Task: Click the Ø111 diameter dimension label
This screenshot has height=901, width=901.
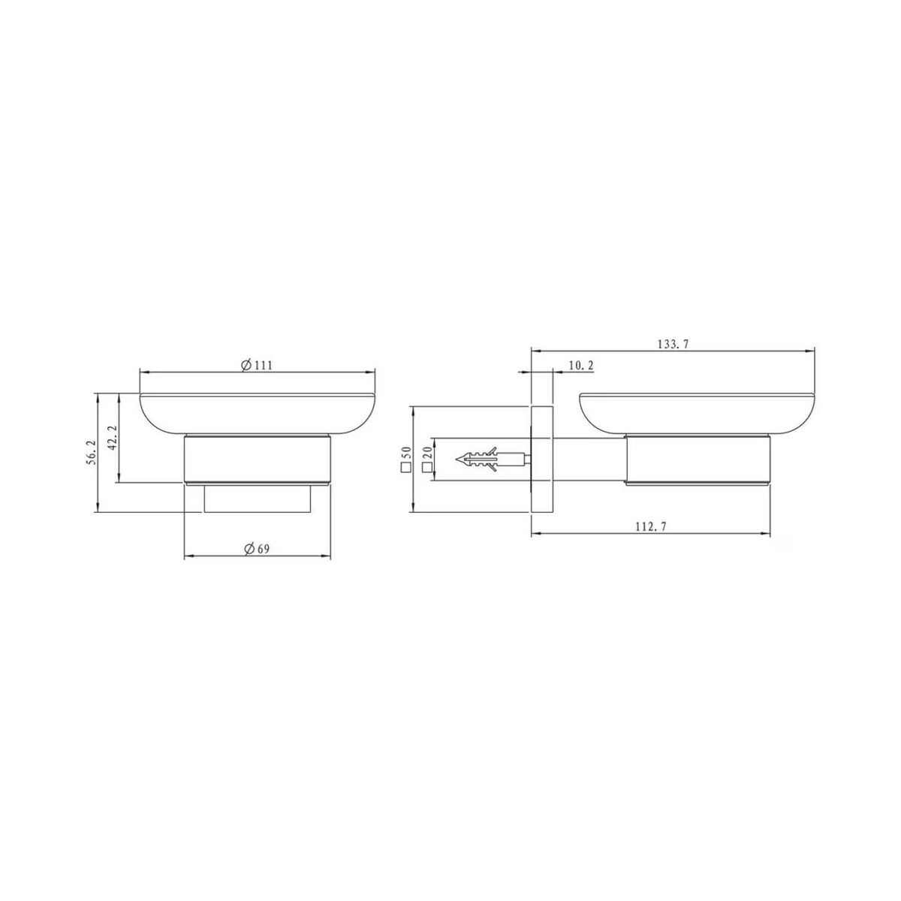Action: (257, 365)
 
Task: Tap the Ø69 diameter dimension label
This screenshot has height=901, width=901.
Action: (257, 549)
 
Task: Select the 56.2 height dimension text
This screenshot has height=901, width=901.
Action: (91, 452)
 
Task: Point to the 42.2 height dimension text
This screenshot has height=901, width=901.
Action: (113, 438)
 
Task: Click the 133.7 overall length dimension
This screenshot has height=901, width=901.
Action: (673, 345)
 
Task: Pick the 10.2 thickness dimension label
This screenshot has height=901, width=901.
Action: (581, 366)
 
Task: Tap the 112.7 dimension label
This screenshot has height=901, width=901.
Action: (651, 526)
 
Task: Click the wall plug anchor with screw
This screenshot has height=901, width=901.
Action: (493, 460)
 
